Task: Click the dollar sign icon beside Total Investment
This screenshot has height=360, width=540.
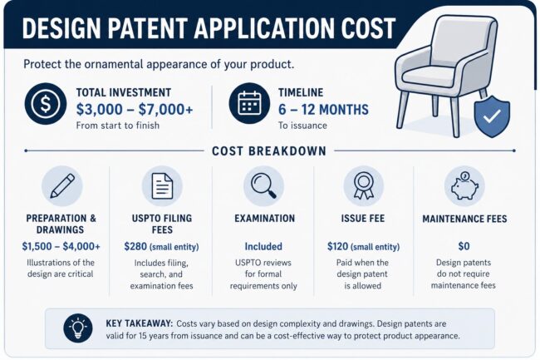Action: click(46, 104)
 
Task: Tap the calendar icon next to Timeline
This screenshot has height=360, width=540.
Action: click(250, 104)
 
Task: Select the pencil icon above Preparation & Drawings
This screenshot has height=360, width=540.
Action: click(62, 186)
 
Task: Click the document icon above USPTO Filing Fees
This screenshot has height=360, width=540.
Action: click(162, 186)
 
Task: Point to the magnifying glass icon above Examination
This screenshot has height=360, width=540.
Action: click(264, 186)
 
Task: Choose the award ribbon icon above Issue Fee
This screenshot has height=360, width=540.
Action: click(364, 186)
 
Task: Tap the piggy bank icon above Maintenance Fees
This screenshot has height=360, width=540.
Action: click(464, 186)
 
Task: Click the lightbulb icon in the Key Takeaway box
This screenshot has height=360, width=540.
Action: click(78, 328)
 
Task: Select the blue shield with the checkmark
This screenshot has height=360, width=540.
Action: click(492, 116)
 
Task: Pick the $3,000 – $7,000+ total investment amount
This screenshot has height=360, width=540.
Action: click(135, 110)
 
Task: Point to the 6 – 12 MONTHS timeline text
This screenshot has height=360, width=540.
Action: click(323, 110)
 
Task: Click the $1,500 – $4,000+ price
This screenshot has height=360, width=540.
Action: click(61, 246)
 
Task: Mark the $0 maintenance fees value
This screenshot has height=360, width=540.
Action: click(464, 246)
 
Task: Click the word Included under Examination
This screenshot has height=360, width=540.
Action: click(263, 247)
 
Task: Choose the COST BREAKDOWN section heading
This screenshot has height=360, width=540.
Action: click(269, 150)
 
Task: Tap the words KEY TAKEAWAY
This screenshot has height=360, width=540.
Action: click(139, 323)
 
